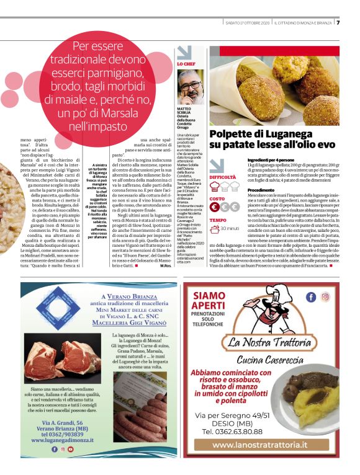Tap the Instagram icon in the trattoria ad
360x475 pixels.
(x=325, y=297)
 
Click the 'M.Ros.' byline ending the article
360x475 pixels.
(x=166, y=267)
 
